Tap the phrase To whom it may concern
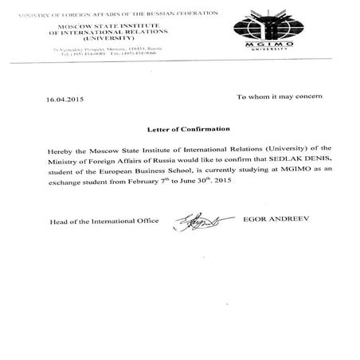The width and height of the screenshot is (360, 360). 280,96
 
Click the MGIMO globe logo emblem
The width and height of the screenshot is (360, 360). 267,29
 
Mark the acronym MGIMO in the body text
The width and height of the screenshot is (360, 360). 280,170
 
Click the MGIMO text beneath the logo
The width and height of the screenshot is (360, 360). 268,50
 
